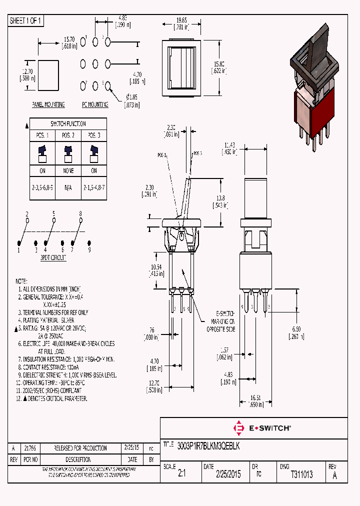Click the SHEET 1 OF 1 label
point(26,21)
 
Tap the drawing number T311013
point(301,474)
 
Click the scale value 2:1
point(181,474)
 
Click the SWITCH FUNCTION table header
point(68,123)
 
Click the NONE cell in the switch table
point(68,171)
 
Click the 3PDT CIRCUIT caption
point(53,258)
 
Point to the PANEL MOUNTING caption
point(48,105)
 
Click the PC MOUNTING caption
point(95,105)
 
